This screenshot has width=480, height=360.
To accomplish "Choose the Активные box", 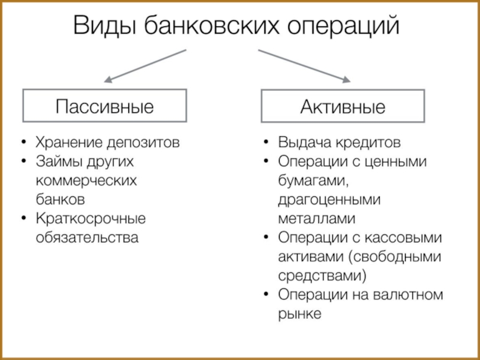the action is coord(343,107).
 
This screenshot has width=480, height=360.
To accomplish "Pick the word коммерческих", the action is coord(86,181).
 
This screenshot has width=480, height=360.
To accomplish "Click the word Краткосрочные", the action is coord(91,218).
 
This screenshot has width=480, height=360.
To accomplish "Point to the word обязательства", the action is coord(87,236).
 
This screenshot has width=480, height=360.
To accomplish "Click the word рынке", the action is coord(300,314).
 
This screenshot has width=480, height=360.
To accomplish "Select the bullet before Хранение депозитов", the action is coord(23,144).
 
